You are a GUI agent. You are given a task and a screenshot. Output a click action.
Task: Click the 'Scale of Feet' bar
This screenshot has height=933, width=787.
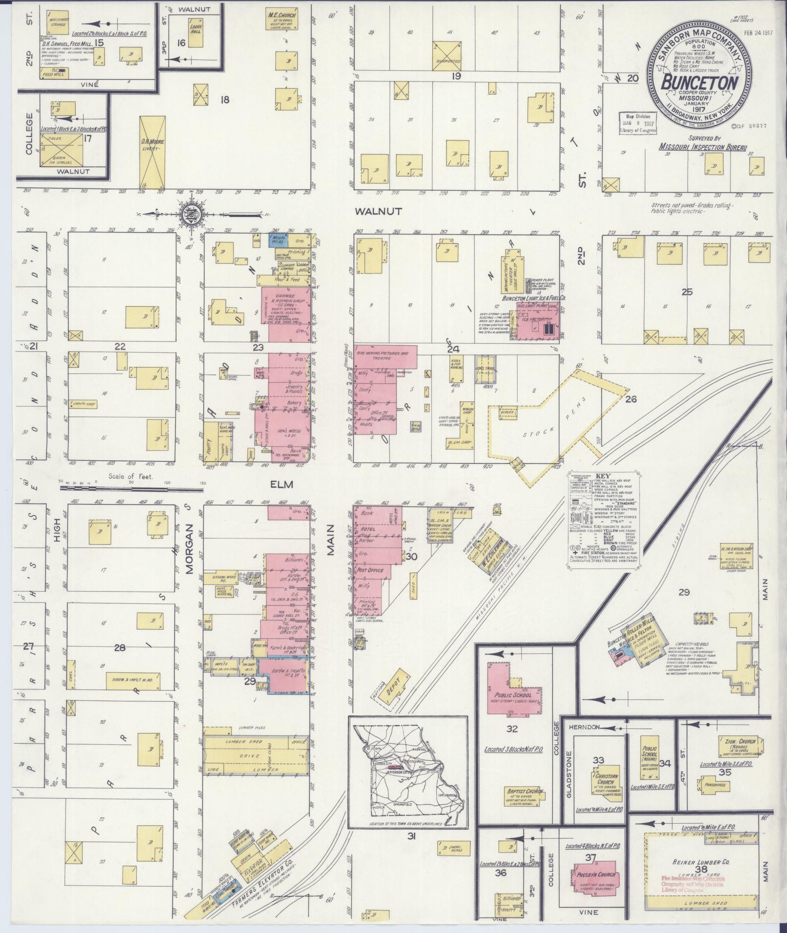pos(131,487)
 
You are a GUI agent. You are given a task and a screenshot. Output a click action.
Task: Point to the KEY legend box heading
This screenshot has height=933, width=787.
pos(603,476)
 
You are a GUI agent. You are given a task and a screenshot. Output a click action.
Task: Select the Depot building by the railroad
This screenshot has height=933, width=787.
pos(392,687)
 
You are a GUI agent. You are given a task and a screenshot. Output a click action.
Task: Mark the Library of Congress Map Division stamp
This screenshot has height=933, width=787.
pos(638,125)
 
